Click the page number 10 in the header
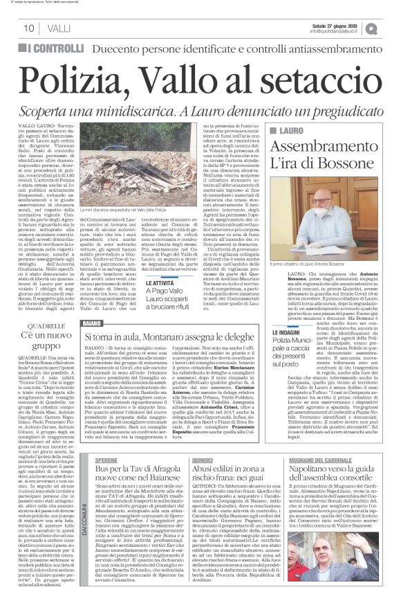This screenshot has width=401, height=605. click(28, 28)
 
